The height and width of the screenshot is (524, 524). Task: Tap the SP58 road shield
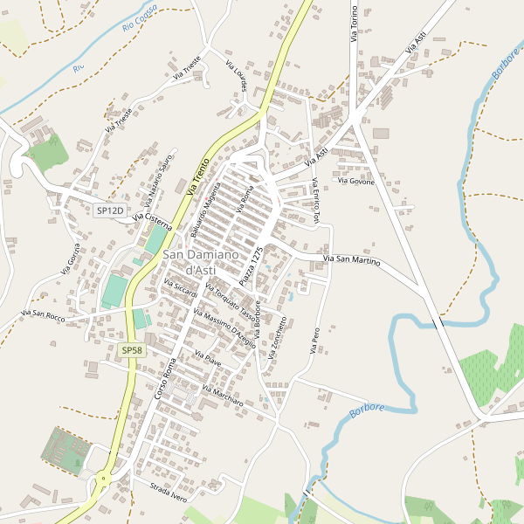131,350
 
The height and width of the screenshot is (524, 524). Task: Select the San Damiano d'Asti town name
200,260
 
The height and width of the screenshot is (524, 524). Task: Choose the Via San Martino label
352,260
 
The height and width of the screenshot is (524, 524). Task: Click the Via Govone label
355,182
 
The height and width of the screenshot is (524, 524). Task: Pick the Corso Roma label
165,381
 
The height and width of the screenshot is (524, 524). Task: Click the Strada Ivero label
169,492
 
